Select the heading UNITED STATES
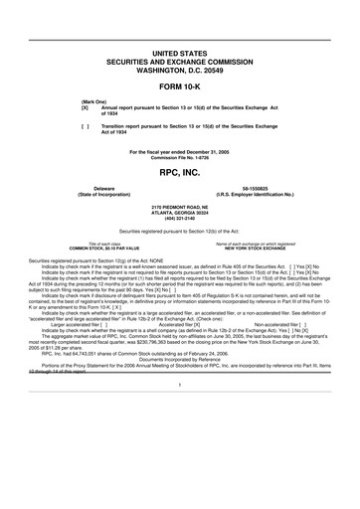coord(179,49)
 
